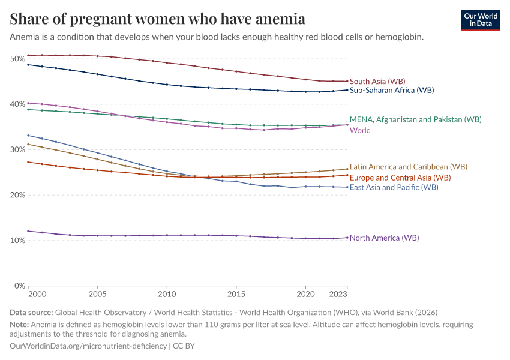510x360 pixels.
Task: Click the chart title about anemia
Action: click(158, 19)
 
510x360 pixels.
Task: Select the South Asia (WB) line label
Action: click(377, 81)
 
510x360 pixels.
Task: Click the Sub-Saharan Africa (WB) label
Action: click(392, 91)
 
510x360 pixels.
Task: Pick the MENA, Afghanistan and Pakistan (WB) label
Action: click(415, 119)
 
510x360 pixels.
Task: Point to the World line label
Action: click(360, 130)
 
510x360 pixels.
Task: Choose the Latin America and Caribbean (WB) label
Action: click(409, 167)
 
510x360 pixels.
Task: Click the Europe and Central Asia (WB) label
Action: click(400, 178)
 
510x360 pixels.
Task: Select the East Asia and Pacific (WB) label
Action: click(394, 187)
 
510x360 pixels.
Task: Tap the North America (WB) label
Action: click(384, 238)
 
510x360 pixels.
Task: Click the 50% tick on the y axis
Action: click(17, 59)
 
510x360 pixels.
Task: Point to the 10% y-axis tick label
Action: click(17, 241)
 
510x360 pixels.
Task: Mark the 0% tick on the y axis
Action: click(19, 286)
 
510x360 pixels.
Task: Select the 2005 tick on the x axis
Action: click(97, 295)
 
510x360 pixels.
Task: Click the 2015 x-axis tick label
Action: click(236, 295)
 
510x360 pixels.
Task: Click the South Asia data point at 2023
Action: click(347, 81)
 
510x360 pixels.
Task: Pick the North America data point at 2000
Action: click(28, 231)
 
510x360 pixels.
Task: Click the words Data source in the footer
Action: click(31, 313)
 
